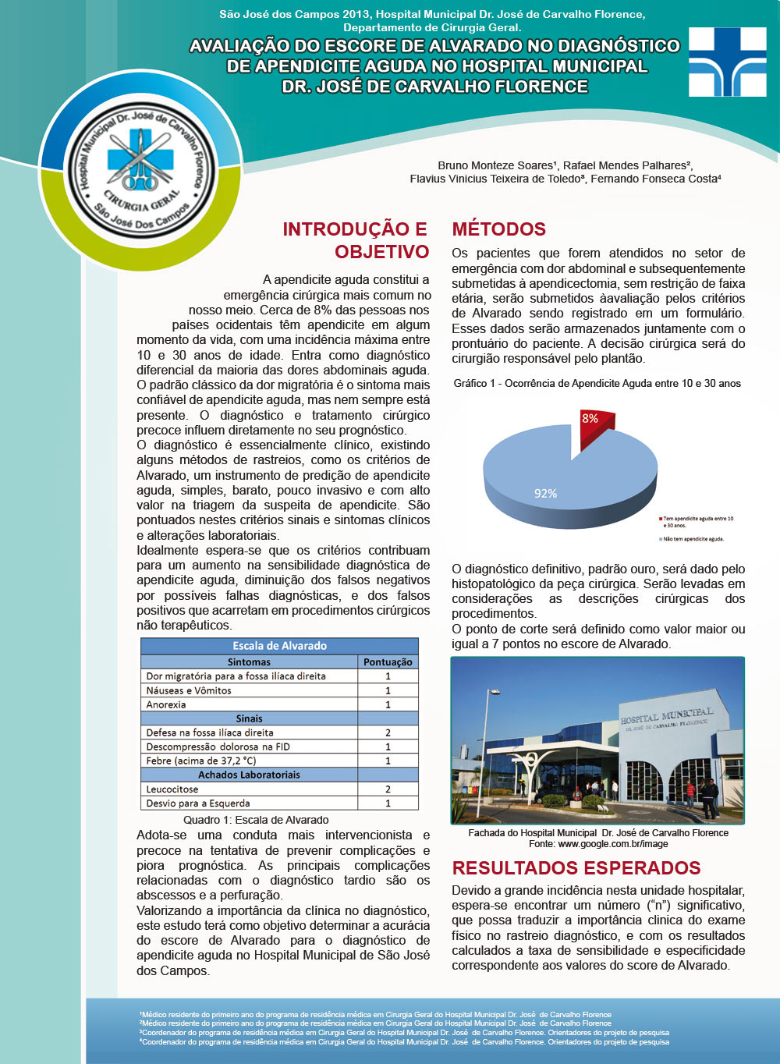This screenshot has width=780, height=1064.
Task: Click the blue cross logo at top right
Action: click(727, 62)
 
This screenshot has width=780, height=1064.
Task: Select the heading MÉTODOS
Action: click(498, 229)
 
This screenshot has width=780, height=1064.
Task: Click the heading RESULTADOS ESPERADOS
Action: click(576, 868)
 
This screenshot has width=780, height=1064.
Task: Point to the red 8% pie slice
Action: click(594, 426)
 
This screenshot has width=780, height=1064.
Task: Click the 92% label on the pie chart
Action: click(545, 494)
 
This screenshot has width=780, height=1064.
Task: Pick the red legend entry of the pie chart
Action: click(697, 522)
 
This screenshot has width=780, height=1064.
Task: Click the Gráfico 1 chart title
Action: click(597, 383)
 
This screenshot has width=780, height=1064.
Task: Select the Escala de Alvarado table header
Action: click(279, 646)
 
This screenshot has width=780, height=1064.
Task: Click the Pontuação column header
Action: click(388, 662)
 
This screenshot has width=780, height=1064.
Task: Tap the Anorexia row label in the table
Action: click(166, 704)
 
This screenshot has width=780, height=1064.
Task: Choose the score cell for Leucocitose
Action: click(388, 789)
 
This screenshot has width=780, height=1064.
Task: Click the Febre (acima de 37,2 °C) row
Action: click(201, 761)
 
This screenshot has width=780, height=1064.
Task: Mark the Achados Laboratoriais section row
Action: click(249, 775)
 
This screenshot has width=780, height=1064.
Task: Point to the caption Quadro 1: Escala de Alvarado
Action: click(256, 820)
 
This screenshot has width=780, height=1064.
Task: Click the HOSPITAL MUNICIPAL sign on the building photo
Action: click(666, 716)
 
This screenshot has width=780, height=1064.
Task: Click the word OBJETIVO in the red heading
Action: click(381, 251)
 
